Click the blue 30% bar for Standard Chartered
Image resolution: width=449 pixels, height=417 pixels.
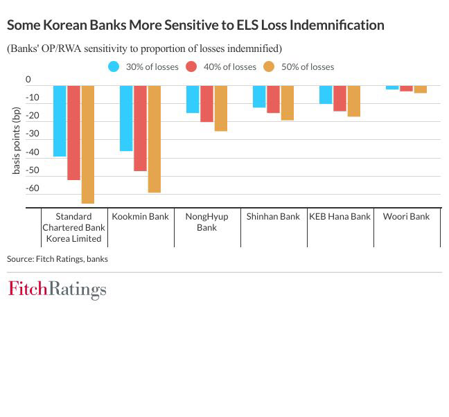tap(60, 121)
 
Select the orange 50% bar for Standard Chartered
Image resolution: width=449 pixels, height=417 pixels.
tap(88, 144)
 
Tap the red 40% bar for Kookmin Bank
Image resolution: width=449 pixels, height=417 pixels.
tap(140, 128)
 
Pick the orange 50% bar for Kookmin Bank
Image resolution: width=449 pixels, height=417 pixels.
tap(155, 139)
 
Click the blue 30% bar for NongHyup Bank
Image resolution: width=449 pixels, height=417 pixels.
tap(193, 99)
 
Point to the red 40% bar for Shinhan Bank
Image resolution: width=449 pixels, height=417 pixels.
tap(273, 99)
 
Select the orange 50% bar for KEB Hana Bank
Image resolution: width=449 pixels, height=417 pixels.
tap(354, 100)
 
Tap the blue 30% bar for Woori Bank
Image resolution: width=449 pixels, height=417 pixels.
tap(392, 87)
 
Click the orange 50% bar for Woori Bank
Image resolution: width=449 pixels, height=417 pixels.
tap(421, 89)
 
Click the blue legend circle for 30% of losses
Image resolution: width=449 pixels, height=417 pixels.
tap(114, 66)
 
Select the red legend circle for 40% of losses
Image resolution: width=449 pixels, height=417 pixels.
tap(191, 66)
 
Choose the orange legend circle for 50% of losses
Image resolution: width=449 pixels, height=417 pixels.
tap(269, 66)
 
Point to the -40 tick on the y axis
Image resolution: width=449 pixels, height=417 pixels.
tap(33, 152)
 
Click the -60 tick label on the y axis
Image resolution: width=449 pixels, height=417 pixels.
tap(33, 188)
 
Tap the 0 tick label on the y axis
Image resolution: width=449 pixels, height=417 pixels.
tap(28, 79)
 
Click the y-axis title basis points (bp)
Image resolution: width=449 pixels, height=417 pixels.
tap(17, 140)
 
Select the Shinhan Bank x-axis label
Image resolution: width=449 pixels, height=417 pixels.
tap(273, 216)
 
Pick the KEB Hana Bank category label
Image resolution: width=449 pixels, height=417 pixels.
tap(340, 216)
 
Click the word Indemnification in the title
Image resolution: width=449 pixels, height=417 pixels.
tap(337, 25)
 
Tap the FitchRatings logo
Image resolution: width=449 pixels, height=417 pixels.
tap(58, 290)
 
